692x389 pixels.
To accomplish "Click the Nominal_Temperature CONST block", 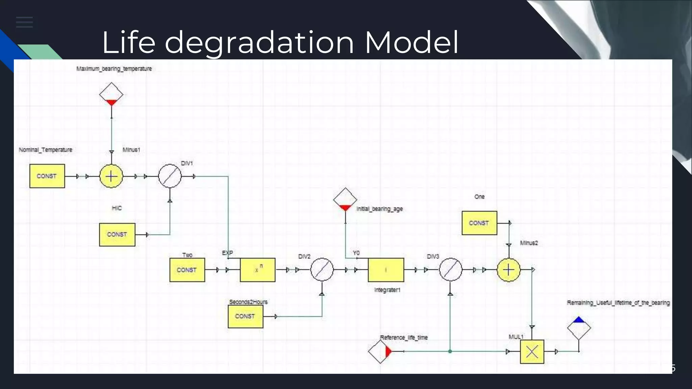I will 47,176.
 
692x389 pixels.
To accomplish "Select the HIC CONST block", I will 117,234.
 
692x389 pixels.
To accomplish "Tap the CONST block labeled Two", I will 187,270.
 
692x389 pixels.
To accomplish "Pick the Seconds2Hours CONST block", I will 245,316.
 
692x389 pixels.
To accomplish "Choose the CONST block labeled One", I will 479,223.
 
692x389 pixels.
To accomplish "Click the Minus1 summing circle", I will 111,176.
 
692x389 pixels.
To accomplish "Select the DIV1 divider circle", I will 170,176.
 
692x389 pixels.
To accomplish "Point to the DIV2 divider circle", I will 322,270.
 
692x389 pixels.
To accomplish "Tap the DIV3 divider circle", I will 450,270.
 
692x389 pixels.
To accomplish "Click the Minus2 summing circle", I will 509,270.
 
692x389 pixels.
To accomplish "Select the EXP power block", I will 257,270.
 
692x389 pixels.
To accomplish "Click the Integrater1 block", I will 386,270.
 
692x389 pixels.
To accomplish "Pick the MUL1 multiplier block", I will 532,352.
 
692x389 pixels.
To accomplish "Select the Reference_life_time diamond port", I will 380,352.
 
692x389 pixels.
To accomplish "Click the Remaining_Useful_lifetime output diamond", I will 579,328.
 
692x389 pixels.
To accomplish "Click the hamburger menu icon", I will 24,22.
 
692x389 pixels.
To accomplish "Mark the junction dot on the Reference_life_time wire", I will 450,352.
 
